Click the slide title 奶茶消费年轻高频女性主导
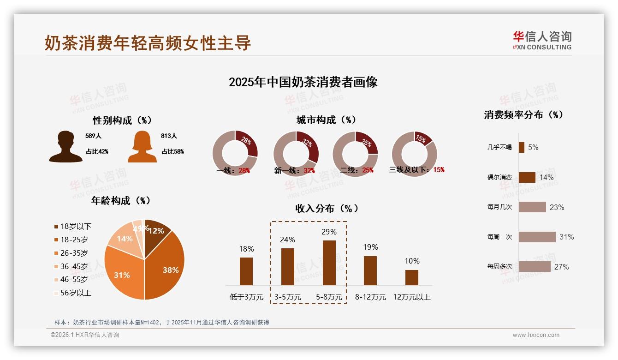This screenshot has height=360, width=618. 148,43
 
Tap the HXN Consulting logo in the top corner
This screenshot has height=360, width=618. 542,40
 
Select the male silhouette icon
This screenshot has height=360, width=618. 66,147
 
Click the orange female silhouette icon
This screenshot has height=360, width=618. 142,147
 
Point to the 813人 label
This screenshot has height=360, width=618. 169,136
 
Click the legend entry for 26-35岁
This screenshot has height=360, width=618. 74,253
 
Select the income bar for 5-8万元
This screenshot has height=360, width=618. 329,263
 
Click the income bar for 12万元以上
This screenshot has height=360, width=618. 412,277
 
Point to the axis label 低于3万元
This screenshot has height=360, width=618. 246,297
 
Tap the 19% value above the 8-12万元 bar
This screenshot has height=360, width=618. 370,247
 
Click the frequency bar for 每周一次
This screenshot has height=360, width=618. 537,237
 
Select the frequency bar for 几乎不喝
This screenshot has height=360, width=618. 522,147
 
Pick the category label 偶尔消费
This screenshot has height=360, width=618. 499,177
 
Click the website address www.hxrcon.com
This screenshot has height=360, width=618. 536,335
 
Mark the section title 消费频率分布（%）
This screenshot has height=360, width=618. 524,115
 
